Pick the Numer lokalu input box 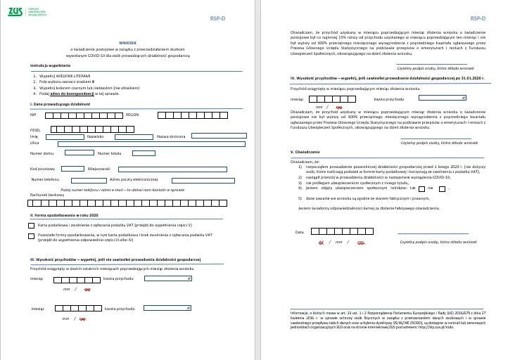click(x=140, y=153)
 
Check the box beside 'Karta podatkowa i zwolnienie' click(x=31, y=225)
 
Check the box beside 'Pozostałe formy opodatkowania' click(x=31, y=236)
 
